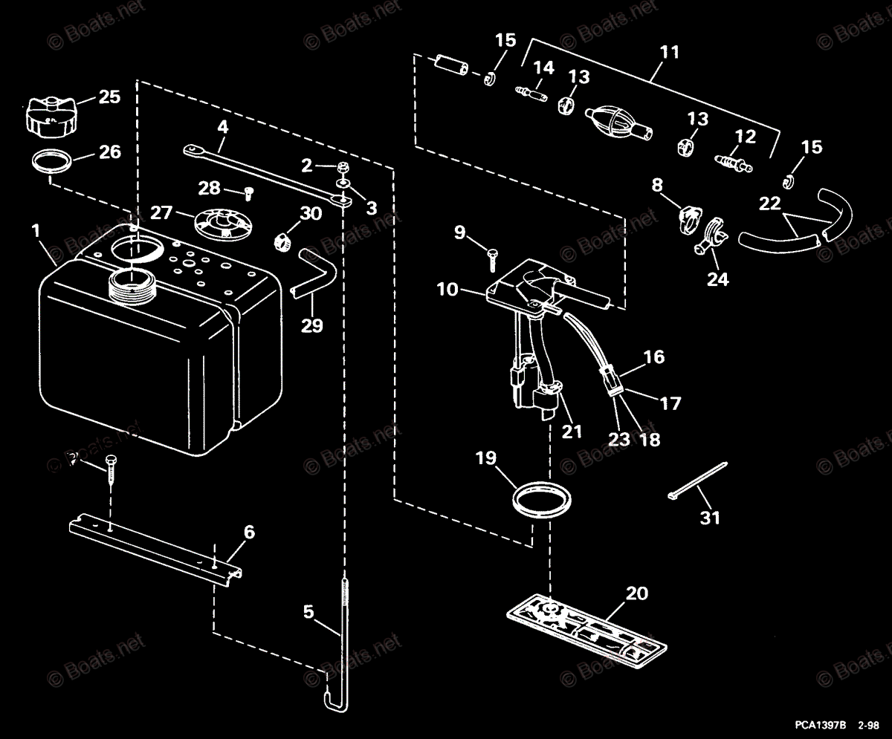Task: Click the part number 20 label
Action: click(636, 593)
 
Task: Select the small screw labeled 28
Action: click(249, 193)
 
